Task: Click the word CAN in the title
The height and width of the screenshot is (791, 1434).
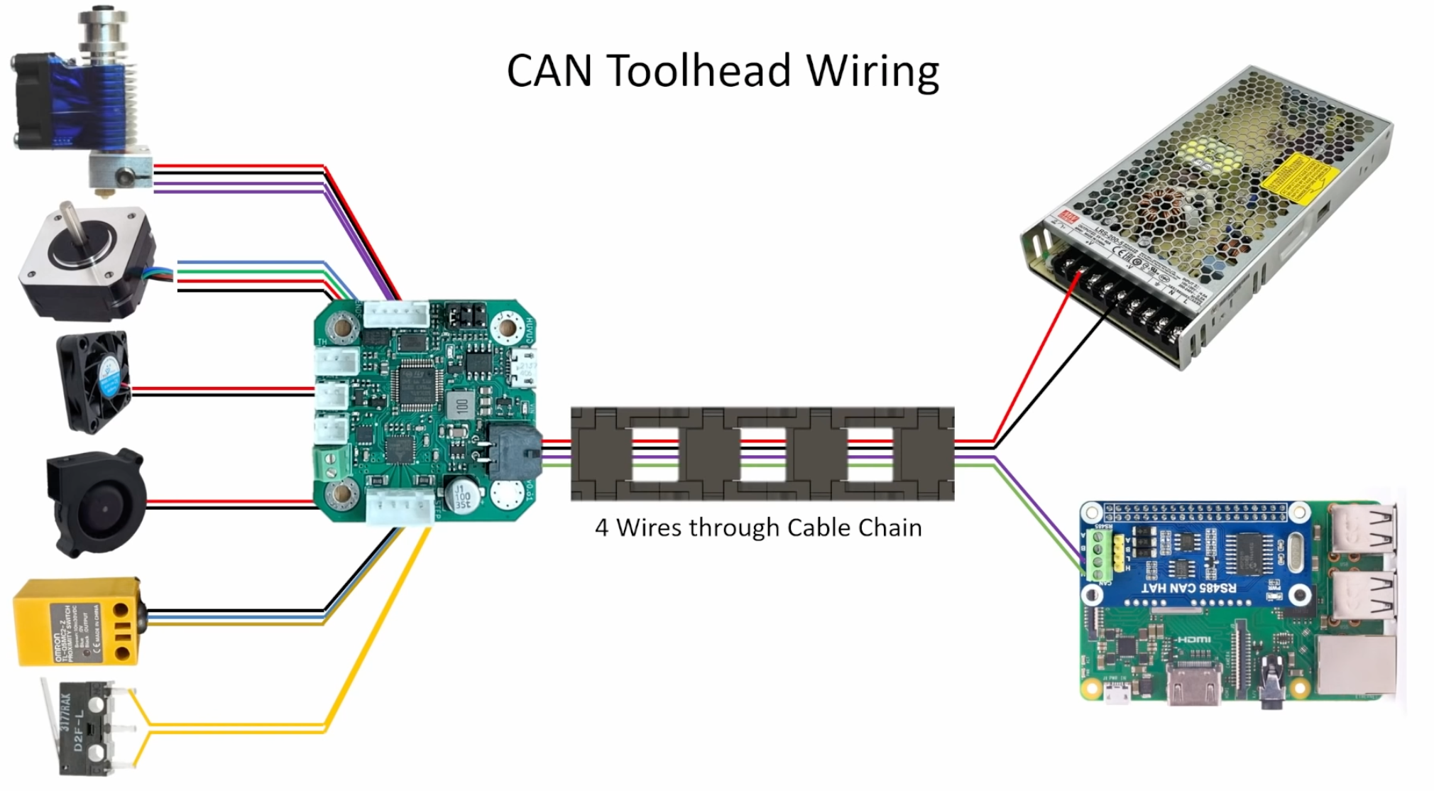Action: pos(549,71)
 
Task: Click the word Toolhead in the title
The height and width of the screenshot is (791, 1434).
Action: pos(699,71)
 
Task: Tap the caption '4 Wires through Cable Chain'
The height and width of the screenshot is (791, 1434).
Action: pos(758,528)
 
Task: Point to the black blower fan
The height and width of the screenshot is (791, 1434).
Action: pos(96,503)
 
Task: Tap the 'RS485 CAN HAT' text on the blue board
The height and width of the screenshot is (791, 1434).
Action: pos(1188,589)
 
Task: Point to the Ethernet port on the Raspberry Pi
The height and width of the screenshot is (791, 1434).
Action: pos(1356,665)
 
